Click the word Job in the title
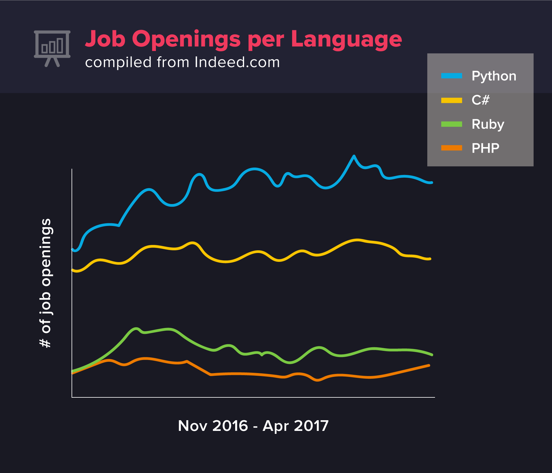pos(105,39)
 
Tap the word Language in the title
pos(346,40)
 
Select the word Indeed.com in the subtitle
pos(237,62)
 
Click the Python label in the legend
pos(494,76)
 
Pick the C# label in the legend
pos(480,100)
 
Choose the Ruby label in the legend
pos(488,124)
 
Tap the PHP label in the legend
pos(485,148)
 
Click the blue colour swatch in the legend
pos(451,76)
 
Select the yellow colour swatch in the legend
pos(451,100)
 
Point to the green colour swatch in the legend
pos(451,124)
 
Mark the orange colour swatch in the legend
pos(451,148)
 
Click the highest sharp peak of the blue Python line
pos(354,156)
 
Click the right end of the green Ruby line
pos(432,355)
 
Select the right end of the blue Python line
pos(431,183)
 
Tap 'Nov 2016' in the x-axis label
pos(213,426)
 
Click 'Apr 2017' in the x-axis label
pos(295,426)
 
